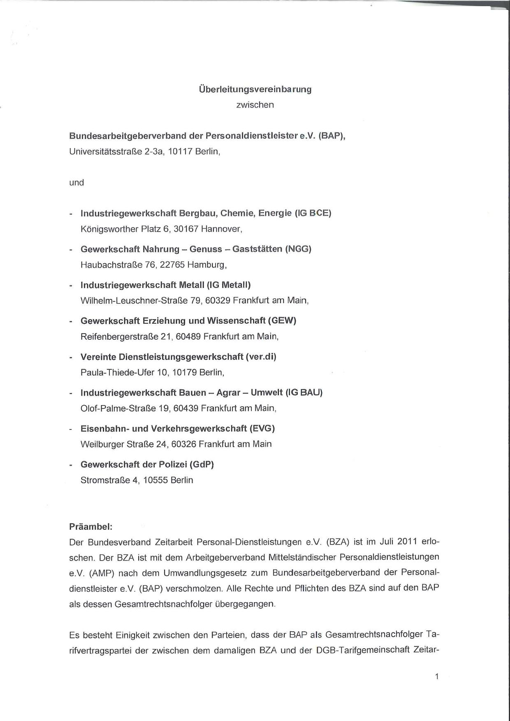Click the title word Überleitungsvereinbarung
click(255, 89)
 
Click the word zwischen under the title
click(255, 105)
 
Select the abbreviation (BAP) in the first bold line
click(331, 136)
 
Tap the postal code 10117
click(181, 151)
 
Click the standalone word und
click(76, 183)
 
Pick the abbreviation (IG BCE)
click(313, 213)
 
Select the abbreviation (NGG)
click(298, 249)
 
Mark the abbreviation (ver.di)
click(261, 357)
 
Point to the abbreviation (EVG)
click(262, 429)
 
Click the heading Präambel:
click(91, 527)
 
